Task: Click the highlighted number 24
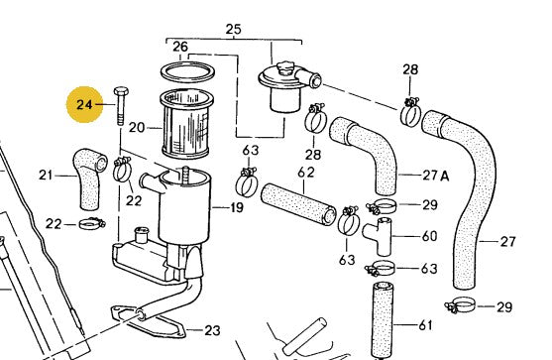[x=84, y=104]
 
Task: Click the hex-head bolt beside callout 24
[x=120, y=106]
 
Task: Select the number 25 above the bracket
[x=234, y=29]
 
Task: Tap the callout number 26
[x=180, y=47]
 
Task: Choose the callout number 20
[x=137, y=127]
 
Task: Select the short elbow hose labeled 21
[x=88, y=178]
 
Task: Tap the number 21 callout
[x=46, y=176]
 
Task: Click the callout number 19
[x=237, y=207]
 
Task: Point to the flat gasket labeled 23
[x=148, y=321]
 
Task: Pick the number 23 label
[x=212, y=330]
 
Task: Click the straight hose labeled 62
[x=298, y=203]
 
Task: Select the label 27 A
[x=436, y=176]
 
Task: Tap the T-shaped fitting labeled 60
[x=379, y=236]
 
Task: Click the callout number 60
[x=429, y=236]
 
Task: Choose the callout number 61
[x=425, y=324]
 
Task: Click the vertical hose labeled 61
[x=383, y=320]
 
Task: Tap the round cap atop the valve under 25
[x=284, y=68]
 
